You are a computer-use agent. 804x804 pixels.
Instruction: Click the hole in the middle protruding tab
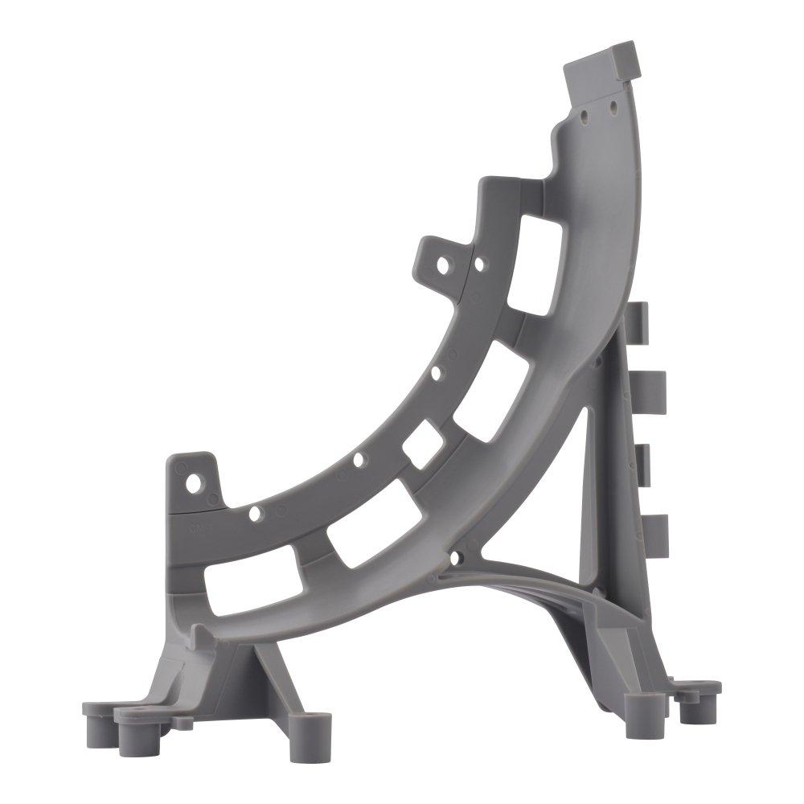443,265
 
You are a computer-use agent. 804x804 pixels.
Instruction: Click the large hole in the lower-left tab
194,484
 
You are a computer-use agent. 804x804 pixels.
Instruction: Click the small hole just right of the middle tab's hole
480,263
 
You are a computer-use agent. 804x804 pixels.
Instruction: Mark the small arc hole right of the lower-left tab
254,512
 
